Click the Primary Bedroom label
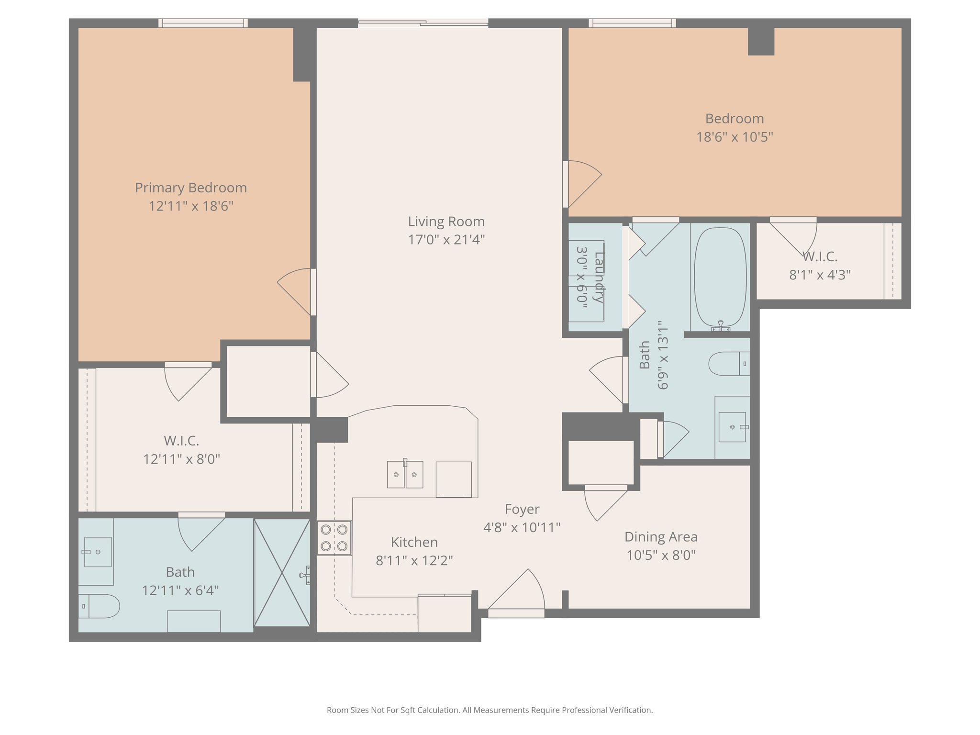coord(191,188)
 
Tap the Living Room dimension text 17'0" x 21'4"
coord(446,239)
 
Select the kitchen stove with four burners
coord(334,538)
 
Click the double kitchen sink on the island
coord(405,474)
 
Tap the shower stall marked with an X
coord(282,573)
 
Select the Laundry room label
coord(599,277)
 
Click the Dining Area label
coord(661,537)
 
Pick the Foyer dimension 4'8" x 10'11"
coord(522,527)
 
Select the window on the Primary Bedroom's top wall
coord(203,23)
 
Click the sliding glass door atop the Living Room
coord(423,22)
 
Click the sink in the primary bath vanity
coord(98,552)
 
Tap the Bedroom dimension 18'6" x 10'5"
coord(735,137)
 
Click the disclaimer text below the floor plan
coord(490,710)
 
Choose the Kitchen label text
coord(414,542)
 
